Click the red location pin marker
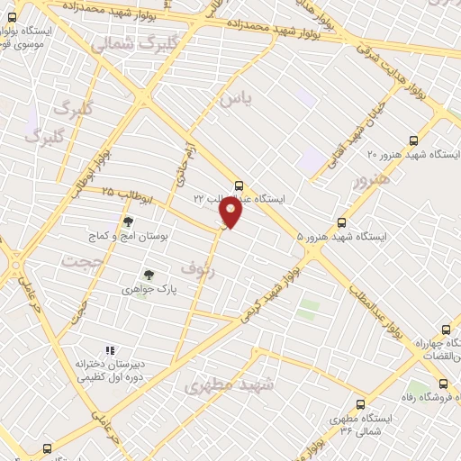click(231, 212)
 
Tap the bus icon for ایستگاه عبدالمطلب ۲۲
click(238, 184)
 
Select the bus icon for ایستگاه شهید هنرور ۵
click(341, 222)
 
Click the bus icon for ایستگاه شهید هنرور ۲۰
click(413, 140)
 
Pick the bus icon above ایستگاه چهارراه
click(445, 330)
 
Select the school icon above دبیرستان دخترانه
click(110, 350)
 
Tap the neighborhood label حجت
click(83, 260)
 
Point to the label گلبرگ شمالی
click(113, 41)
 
